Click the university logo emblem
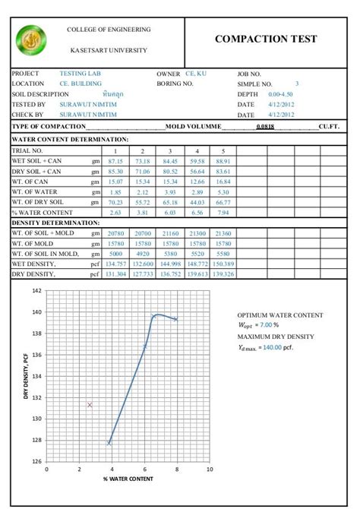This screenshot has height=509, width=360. (31, 40)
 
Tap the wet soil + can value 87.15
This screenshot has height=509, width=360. (115, 161)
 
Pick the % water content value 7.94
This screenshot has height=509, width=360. (223, 213)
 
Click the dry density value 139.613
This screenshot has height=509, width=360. (197, 273)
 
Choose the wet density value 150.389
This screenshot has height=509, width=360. (223, 263)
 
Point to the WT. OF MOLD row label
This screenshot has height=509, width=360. (33, 243)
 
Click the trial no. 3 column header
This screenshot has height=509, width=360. (169, 151)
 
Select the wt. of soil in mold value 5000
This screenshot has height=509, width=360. (115, 253)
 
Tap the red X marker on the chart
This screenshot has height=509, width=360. (90, 405)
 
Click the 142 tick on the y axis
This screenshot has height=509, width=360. (37, 291)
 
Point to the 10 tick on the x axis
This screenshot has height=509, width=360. (209, 469)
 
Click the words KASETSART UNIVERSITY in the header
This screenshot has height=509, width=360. (109, 50)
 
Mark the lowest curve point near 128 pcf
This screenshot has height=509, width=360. (109, 443)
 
